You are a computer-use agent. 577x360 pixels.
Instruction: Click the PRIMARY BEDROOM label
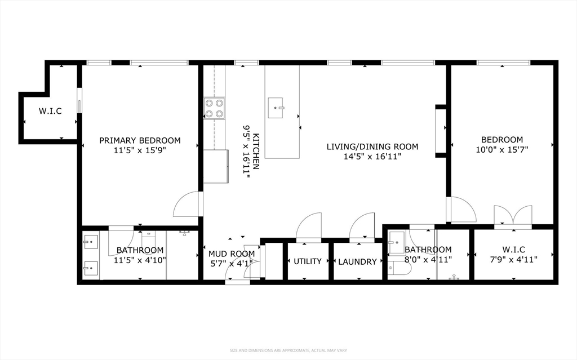point(140,140)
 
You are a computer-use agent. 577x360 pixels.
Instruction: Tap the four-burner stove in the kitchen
point(215,109)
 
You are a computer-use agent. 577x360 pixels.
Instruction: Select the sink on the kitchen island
point(276,108)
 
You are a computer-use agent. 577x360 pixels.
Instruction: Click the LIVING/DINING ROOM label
point(372,146)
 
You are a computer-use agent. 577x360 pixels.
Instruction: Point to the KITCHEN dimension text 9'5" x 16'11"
point(246,152)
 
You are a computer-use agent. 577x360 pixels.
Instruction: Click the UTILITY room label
point(308,261)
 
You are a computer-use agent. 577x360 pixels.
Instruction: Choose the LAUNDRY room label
point(357,262)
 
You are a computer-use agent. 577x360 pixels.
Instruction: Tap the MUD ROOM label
point(232,254)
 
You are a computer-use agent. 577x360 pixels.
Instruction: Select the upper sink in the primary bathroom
point(90,242)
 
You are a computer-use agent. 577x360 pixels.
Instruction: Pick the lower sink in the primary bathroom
point(90,268)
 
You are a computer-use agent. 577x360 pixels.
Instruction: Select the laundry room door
point(362,226)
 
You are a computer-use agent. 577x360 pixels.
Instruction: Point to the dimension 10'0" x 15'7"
point(502,149)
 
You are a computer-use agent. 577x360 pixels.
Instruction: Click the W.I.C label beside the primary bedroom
point(50,111)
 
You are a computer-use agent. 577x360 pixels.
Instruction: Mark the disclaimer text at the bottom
point(288,350)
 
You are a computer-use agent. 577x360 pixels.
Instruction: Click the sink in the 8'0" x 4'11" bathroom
point(397,242)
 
